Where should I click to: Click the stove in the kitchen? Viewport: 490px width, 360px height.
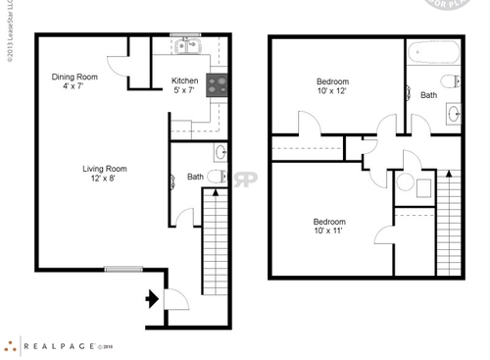click(x=217, y=82)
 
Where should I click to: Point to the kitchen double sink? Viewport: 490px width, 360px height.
click(x=184, y=45)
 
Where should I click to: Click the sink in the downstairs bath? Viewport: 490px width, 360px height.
click(x=220, y=152)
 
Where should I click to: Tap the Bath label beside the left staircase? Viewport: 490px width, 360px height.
click(x=196, y=178)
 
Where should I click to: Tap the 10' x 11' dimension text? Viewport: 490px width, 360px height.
click(x=328, y=233)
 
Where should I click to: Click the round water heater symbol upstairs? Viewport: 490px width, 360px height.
click(x=406, y=182)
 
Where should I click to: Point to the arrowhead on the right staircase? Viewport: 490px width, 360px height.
click(x=449, y=175)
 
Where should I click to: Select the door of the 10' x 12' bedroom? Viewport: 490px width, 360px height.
click(x=305, y=124)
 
